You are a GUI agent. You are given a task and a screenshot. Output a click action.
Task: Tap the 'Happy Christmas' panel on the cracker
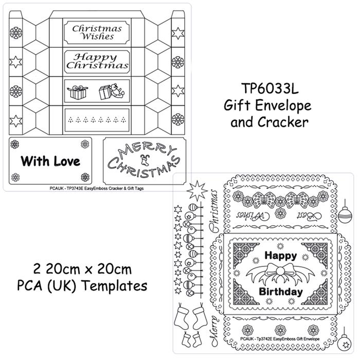click(97, 61)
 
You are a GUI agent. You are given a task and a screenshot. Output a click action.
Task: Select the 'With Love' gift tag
click(50, 161)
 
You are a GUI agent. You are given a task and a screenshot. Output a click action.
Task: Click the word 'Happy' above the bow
click(280, 256)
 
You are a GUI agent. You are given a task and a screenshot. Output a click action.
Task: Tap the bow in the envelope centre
click(280, 273)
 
